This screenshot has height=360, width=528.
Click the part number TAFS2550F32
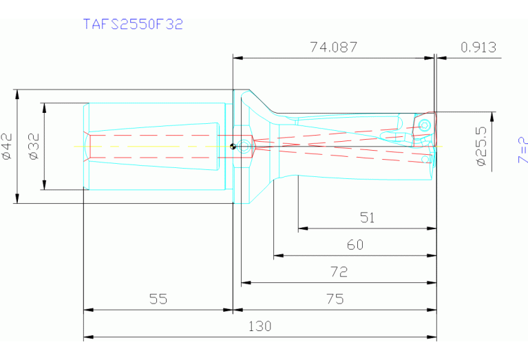(x=133, y=24)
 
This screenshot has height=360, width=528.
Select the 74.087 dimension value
(x=334, y=47)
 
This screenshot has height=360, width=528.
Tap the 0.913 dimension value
(x=478, y=47)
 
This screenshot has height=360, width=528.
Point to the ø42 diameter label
(x=8, y=146)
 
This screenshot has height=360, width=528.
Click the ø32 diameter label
(x=34, y=146)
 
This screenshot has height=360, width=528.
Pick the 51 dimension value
(x=368, y=218)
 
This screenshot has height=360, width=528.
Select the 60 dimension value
(x=355, y=244)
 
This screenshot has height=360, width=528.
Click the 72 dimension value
(x=339, y=271)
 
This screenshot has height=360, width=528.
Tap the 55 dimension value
(x=158, y=299)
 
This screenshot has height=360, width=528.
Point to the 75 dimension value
(x=335, y=299)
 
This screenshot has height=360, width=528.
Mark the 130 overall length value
(x=260, y=326)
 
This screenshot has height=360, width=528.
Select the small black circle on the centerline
(x=234, y=145)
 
